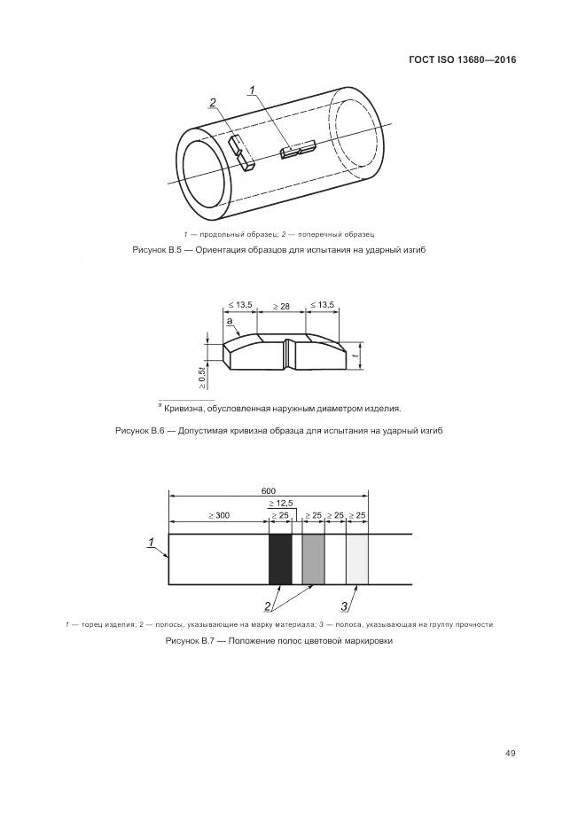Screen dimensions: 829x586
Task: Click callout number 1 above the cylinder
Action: pos(252,90)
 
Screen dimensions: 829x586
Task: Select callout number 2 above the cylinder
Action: pos(213,103)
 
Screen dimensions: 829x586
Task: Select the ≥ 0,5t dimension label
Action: pos(202,376)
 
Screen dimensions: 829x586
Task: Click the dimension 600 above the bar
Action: pos(269,491)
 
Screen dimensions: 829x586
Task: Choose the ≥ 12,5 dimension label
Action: pos(281,503)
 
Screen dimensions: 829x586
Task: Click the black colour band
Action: pos(280,559)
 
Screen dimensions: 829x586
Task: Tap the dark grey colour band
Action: pos(313,559)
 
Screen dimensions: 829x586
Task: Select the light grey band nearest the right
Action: pos(357,559)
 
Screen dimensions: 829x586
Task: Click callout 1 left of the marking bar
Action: pos(152,542)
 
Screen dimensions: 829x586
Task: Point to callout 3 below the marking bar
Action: pos(347,606)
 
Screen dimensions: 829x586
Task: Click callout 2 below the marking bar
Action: pos(267,606)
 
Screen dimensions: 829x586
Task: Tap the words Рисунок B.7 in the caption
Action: pos(191,641)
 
